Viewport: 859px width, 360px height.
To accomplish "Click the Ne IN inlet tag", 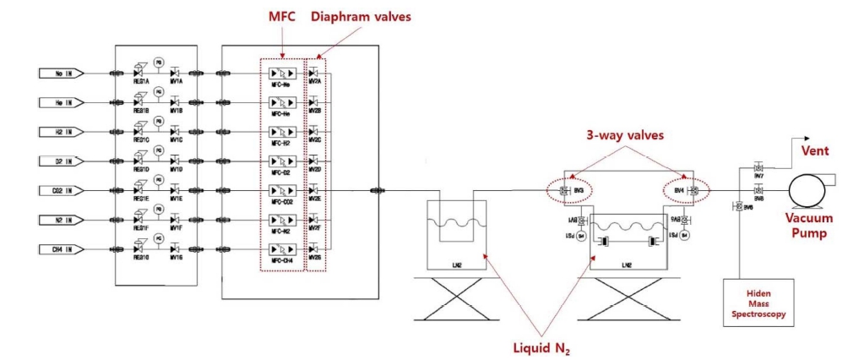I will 62,73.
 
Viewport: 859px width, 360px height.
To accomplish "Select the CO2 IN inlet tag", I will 62,190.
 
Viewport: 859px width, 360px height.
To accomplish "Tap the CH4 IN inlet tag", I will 62,249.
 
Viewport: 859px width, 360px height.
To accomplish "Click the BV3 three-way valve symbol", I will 564,191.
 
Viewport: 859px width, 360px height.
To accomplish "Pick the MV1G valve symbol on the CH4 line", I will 176,249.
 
